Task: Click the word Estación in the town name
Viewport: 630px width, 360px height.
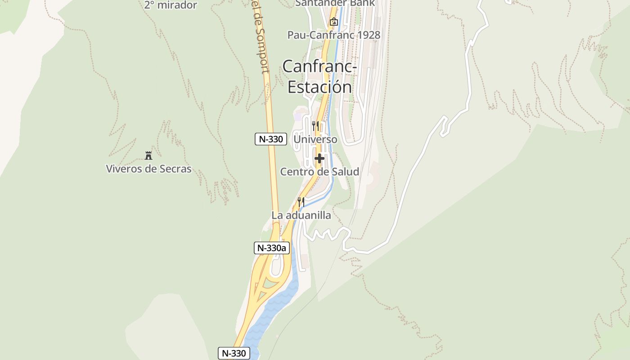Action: (319, 87)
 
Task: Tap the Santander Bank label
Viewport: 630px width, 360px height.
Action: (335, 3)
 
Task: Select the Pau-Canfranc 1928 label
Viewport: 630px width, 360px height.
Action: (334, 35)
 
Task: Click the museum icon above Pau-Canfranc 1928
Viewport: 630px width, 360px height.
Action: (333, 21)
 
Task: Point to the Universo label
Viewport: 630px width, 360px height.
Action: (315, 139)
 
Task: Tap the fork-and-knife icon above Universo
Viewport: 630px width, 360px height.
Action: (315, 126)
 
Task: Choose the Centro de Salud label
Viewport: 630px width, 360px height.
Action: (319, 171)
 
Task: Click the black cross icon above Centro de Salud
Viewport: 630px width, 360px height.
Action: (319, 158)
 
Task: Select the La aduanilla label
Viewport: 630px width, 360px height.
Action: (301, 215)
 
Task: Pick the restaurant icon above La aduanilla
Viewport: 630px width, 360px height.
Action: (301, 202)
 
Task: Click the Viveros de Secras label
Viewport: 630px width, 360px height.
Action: (148, 169)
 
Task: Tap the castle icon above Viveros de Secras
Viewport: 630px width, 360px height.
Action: (148, 156)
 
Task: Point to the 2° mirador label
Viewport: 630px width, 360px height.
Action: (171, 5)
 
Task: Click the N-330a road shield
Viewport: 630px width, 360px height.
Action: (272, 247)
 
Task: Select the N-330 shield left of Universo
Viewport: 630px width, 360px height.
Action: (271, 139)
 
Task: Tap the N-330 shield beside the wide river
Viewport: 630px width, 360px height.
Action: (234, 353)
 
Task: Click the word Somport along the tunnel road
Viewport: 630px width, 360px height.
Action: (261, 49)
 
